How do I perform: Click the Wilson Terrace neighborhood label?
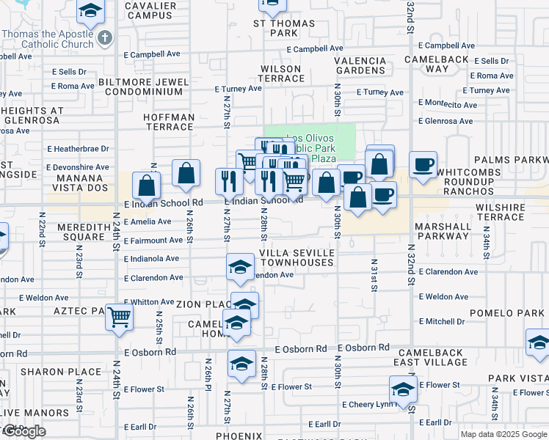pyautogui.click(x=280, y=73)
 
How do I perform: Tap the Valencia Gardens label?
pyautogui.click(x=361, y=66)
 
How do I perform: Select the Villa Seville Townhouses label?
pyautogui.click(x=297, y=257)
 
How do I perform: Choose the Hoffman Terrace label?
pyautogui.click(x=159, y=122)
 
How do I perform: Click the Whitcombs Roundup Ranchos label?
pyautogui.click(x=479, y=181)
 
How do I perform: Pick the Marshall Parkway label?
pyautogui.click(x=443, y=231)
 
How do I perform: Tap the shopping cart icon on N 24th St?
pyautogui.click(x=120, y=317)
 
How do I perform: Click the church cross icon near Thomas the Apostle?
pyautogui.click(x=105, y=38)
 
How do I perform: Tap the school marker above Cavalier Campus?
pyautogui.click(x=90, y=10)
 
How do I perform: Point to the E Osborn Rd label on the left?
pyautogui.click(x=150, y=352)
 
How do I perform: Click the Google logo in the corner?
pyautogui.click(x=23, y=432)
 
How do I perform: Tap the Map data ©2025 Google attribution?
pyautogui.click(x=503, y=434)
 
